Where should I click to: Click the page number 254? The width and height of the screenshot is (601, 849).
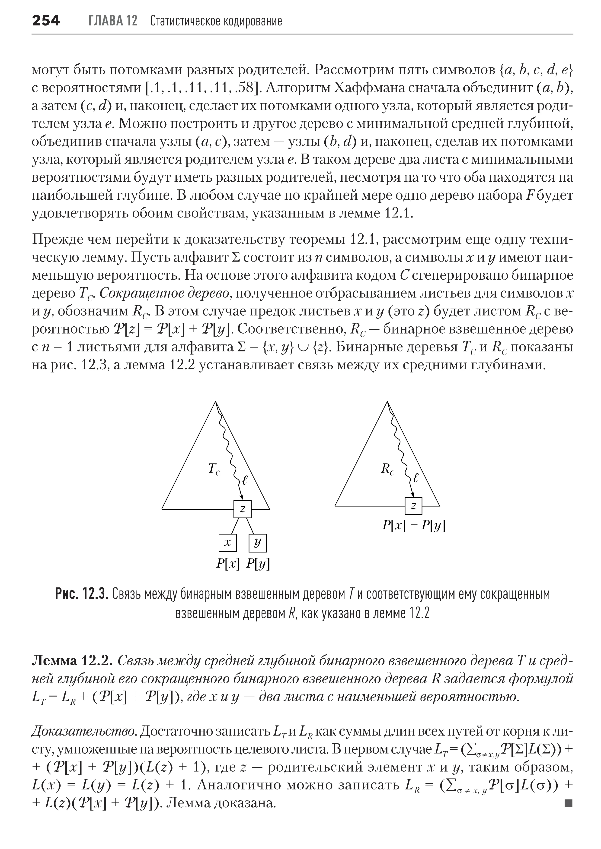[x=46, y=21]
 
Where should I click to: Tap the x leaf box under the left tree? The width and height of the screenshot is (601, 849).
[x=228, y=543]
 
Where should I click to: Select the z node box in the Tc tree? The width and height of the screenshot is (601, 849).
[x=242, y=509]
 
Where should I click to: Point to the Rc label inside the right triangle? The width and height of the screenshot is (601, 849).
[x=387, y=469]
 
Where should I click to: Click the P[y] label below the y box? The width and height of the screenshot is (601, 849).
[x=258, y=564]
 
